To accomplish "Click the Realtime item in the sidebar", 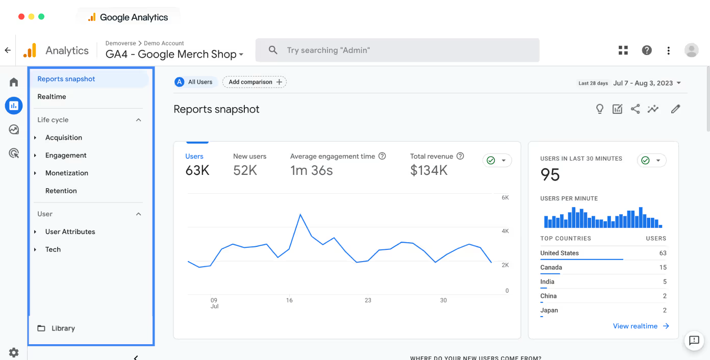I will (52, 96).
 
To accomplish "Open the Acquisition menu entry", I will (63, 137).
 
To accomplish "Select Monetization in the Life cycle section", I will (66, 173).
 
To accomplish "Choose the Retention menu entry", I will (61, 191).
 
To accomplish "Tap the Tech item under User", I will (53, 249).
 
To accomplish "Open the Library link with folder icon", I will (63, 328).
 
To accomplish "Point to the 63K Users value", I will (197, 170).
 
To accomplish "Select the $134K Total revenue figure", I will (428, 170).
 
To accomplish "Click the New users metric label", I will (249, 157).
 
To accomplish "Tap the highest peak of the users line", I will (300, 215).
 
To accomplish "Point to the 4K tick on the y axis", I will (505, 232).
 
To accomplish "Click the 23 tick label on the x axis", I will (368, 300).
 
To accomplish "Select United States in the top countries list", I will (560, 253).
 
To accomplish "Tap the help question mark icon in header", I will (647, 50).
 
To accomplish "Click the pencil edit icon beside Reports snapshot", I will (675, 109).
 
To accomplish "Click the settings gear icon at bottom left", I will (14, 352).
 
